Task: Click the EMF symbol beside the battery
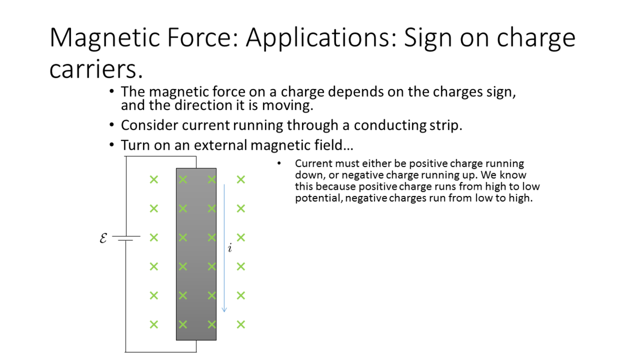click(103, 238)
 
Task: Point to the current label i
click(230, 248)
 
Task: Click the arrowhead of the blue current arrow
click(224, 310)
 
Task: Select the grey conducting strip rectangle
click(197, 254)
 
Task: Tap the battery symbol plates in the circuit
click(126, 238)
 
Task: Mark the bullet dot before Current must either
click(279, 164)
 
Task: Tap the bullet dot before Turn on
click(112, 145)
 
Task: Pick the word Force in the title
click(203, 38)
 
